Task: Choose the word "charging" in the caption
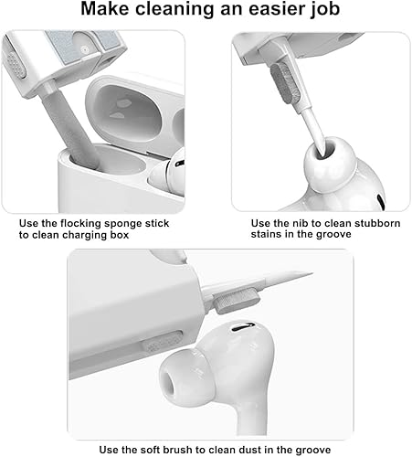tap(92, 234)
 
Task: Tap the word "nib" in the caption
tap(299, 222)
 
